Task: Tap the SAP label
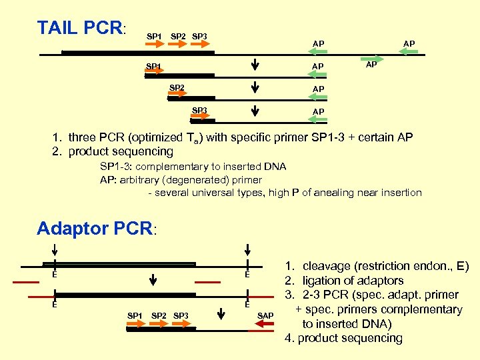[x=266, y=314]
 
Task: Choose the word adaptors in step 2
[x=379, y=281]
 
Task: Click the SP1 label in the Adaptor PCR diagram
[x=135, y=315]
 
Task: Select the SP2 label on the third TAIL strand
[x=176, y=88]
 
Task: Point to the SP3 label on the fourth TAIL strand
[x=199, y=110]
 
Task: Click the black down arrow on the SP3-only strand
[x=255, y=109]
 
